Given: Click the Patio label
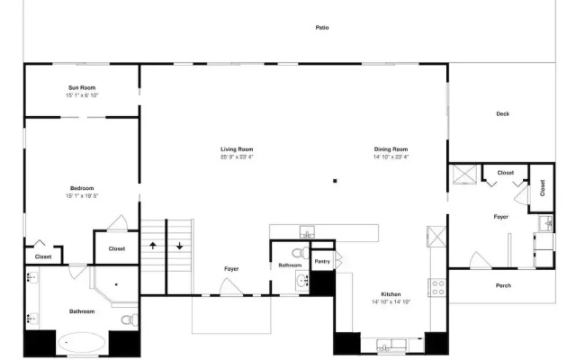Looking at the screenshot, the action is coord(322,28).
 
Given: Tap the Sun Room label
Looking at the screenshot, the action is coord(82,88).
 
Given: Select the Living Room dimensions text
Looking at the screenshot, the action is coord(237,157).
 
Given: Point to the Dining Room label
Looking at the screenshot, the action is coord(391,149).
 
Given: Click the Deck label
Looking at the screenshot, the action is coord(502,114).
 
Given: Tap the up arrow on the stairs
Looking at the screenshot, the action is coord(153,246).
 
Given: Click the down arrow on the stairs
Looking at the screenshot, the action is coord(179,246).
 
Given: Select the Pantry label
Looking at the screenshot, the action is coord(322,262).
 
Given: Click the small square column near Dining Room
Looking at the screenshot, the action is coord(335,181).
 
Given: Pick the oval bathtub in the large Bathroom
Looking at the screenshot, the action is coord(82,343).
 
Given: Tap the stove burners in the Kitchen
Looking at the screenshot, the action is coord(437,288).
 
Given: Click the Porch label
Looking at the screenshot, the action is coord(503,285).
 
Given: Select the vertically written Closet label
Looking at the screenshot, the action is coord(543,188).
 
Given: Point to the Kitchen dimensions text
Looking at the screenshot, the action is coord(391,302).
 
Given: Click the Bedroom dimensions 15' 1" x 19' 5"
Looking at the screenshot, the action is coord(82,196).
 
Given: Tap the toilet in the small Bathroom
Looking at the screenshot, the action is coord(301,253).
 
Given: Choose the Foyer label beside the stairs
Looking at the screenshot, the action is coord(231,269).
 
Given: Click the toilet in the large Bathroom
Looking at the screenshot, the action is coord(130,320).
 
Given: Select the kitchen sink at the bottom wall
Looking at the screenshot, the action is coord(391,346).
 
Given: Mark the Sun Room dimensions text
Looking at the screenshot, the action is coord(82,95).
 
